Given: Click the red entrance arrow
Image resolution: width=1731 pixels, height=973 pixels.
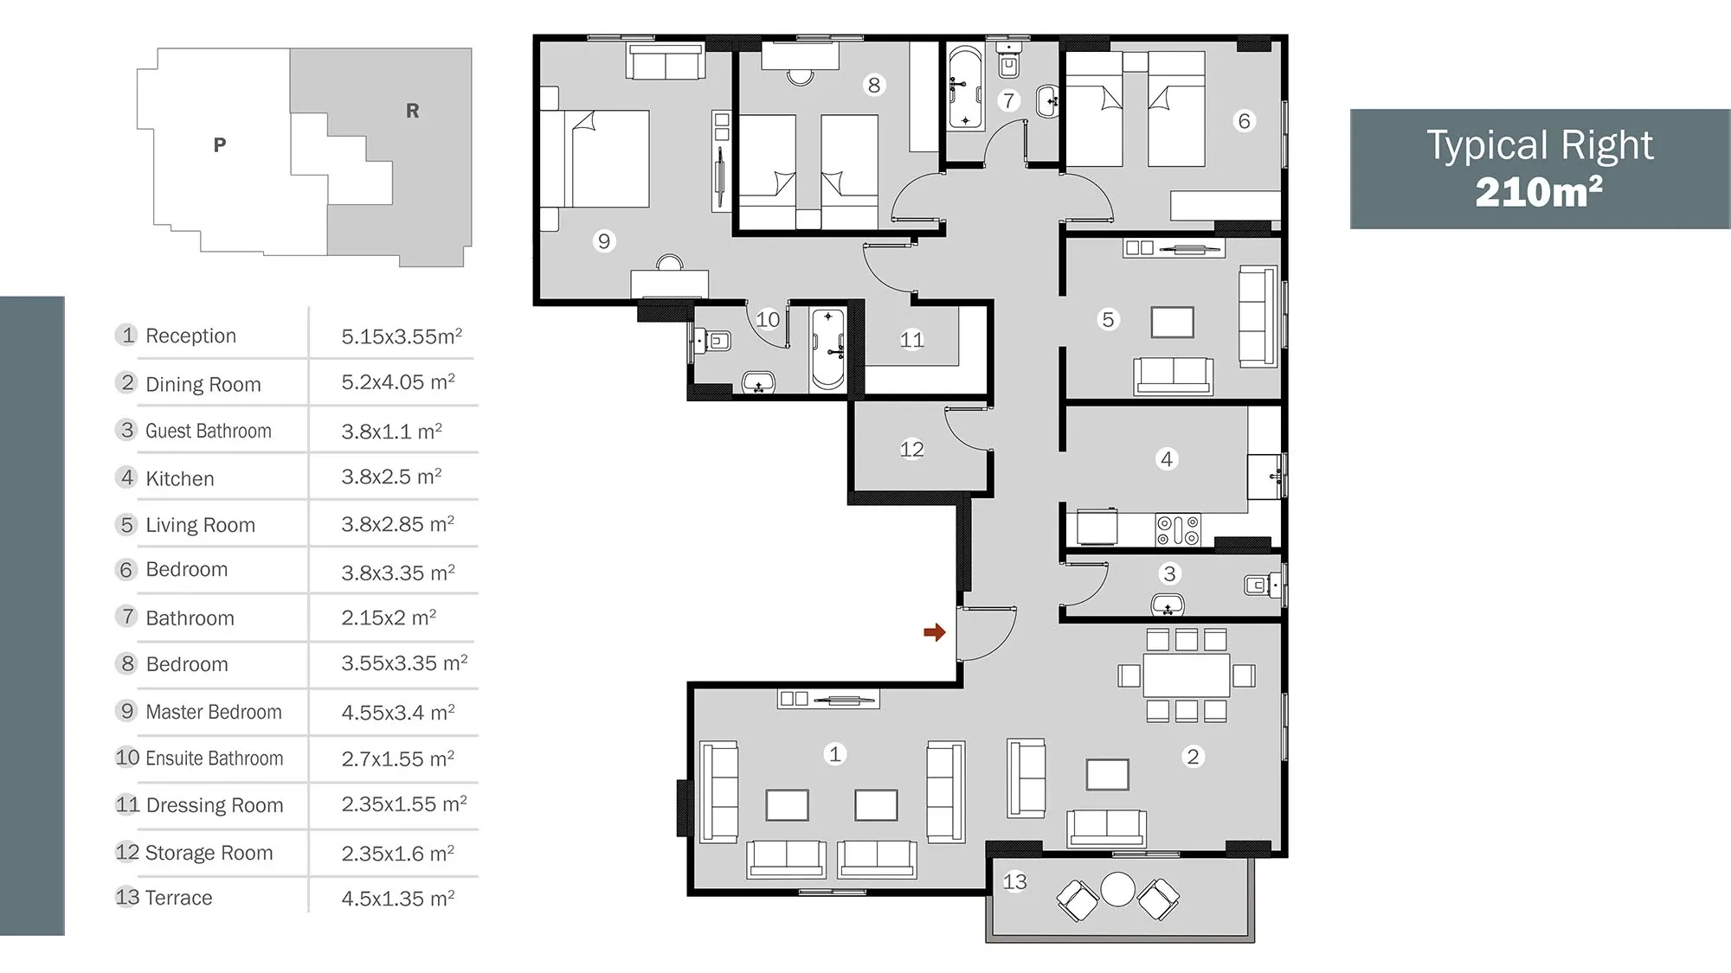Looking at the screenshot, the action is tap(934, 632).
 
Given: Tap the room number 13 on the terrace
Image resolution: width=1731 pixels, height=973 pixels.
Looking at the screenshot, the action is tap(1014, 881).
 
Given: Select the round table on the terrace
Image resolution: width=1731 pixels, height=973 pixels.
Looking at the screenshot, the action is tap(1117, 889).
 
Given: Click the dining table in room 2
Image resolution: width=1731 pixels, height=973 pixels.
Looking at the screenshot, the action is tap(1186, 675).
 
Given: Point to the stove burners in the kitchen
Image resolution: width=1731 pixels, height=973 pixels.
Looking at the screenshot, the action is tap(1178, 530).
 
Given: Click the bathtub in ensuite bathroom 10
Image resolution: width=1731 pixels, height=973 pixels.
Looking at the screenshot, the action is tap(828, 349).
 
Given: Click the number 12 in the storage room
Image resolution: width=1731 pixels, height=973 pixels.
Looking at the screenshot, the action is tap(911, 449).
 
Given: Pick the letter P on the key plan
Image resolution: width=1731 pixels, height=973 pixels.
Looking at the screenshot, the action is tap(220, 144).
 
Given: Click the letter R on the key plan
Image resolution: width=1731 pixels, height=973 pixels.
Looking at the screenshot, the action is tap(412, 111).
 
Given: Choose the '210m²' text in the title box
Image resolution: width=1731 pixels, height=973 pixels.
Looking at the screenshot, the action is tap(1539, 192).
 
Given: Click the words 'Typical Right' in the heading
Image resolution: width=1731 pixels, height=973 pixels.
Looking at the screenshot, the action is tap(1540, 144).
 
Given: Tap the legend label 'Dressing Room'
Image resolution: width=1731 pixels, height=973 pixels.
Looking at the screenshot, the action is tap(215, 805).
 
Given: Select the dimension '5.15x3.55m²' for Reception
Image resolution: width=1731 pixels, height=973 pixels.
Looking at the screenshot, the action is tap(402, 336).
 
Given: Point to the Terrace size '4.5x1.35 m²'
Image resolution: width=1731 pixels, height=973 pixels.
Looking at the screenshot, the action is tap(398, 898).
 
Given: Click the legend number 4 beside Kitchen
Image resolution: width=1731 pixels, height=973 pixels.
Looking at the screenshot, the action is tap(127, 477).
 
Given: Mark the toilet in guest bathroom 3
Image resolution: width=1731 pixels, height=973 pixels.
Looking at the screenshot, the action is tap(1262, 586).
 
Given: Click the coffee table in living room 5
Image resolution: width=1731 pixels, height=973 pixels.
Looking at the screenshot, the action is tap(1173, 323).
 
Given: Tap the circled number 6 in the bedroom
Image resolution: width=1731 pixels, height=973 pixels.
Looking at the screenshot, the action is tap(1244, 121).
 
